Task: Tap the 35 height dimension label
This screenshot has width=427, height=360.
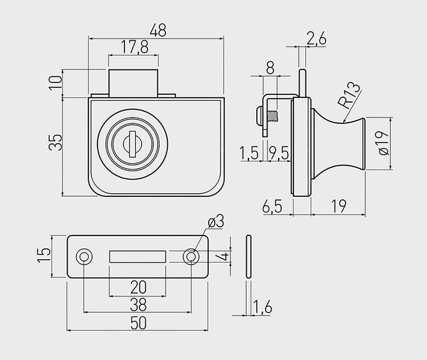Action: (x=55, y=142)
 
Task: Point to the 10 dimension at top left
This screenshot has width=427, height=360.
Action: (x=55, y=82)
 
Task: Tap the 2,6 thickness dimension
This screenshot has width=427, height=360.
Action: (x=316, y=39)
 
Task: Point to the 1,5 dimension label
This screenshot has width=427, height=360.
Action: (x=250, y=154)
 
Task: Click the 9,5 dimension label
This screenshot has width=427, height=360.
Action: (x=279, y=154)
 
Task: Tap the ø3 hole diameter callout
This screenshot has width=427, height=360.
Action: (x=215, y=222)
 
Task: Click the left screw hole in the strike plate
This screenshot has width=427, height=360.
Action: (x=84, y=256)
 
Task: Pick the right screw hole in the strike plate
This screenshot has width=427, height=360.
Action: (x=191, y=256)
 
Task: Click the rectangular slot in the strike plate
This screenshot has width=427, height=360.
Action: (x=137, y=256)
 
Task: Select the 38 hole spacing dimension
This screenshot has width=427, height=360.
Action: (x=138, y=305)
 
